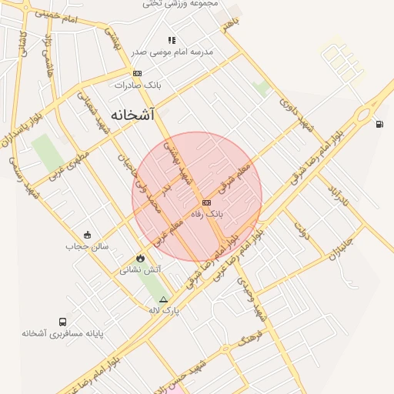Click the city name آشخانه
click(132, 115)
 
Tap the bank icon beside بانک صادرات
click(137, 73)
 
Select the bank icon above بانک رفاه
click(205, 202)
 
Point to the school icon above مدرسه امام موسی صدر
click(172, 40)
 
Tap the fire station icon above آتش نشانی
click(140, 258)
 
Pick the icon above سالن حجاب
click(87, 235)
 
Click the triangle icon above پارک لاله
click(162, 299)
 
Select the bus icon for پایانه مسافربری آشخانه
click(62, 322)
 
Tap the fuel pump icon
click(379, 124)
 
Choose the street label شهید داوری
click(297, 112)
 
